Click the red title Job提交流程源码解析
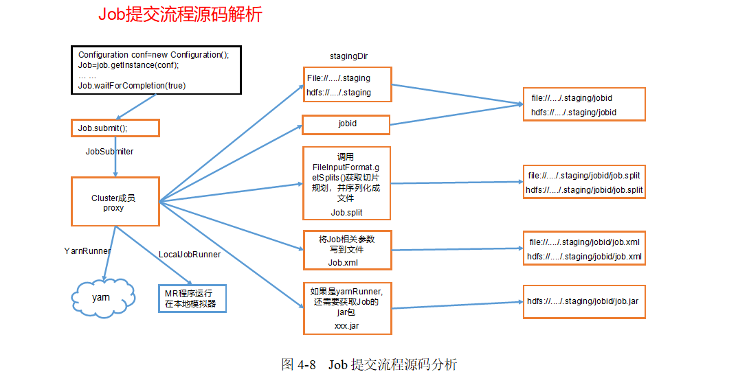180,14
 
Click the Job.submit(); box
115,128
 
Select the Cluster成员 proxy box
115,202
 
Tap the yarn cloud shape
101,298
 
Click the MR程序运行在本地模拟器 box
192,299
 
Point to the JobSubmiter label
109,151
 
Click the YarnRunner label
87,251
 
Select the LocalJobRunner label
190,255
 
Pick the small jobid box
346,125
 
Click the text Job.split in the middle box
346,213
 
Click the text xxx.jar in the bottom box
346,326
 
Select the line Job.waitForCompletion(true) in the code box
132,86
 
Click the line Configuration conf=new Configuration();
154,55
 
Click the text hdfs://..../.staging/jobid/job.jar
583,301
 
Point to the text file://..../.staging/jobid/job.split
584,176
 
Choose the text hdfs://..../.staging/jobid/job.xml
584,256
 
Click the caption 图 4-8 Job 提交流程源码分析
369,364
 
